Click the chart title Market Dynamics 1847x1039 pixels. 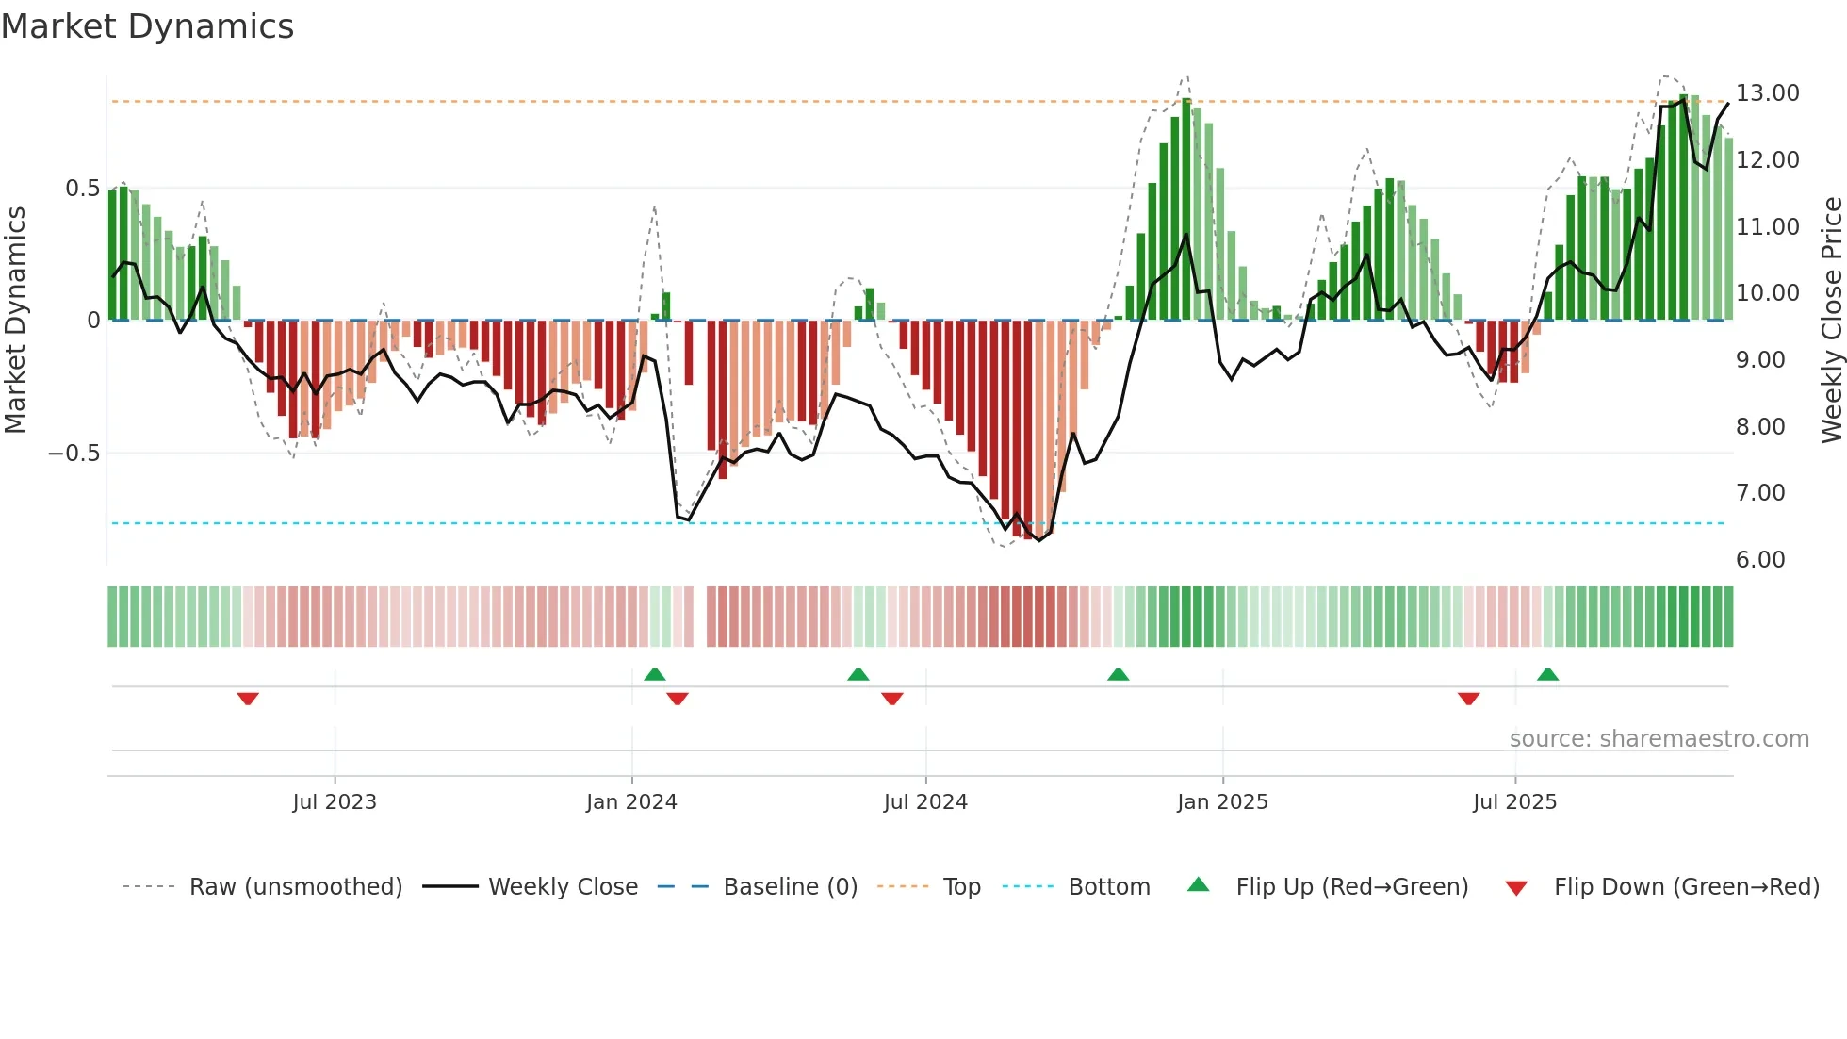coord(147,26)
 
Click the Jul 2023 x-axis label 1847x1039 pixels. coord(334,802)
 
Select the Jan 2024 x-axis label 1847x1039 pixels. coord(631,802)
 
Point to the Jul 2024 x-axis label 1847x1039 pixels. coord(925,802)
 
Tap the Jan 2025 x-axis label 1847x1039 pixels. coord(1222,802)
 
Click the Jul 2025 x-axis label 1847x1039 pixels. coord(1514,802)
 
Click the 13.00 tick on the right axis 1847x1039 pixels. coord(1767,93)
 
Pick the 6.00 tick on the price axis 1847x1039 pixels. coord(1760,560)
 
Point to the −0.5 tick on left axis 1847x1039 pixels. coord(74,454)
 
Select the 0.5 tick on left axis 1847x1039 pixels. coord(82,189)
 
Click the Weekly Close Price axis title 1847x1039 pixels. coord(1831,320)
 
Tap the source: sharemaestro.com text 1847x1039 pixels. coord(1659,739)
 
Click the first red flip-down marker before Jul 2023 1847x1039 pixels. coord(248,699)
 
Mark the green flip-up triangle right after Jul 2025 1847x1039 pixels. coord(1547,674)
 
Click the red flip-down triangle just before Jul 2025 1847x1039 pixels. coord(1468,699)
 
